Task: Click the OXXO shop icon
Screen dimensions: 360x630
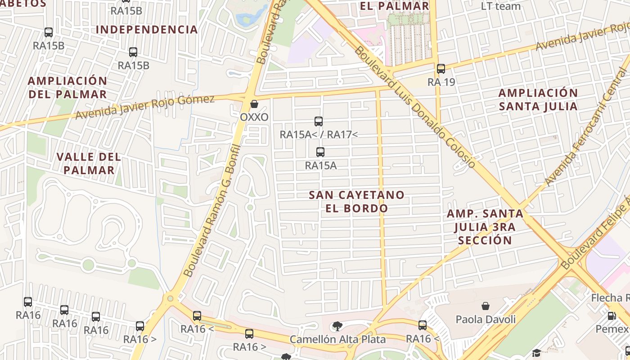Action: pos(254,104)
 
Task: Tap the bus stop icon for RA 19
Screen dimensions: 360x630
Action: pos(441,69)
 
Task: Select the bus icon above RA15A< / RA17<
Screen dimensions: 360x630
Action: pos(319,121)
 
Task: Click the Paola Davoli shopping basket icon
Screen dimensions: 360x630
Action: pos(486,306)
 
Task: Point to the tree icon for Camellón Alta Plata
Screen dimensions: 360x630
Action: pos(337,326)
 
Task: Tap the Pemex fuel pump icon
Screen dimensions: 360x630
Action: pos(612,316)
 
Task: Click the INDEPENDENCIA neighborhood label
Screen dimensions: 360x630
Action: pos(147,30)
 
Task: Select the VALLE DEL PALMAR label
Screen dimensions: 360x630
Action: pos(89,163)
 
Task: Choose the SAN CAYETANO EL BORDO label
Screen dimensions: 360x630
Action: pos(356,201)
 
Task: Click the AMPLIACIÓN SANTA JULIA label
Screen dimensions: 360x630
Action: pos(538,99)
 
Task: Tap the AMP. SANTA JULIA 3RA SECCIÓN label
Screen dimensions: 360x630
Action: pos(485,226)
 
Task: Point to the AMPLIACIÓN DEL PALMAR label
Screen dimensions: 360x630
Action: pos(67,87)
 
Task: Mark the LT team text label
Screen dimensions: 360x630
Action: pos(501,6)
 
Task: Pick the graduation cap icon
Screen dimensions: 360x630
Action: pos(536,353)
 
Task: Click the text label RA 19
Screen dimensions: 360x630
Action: pos(441,82)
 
